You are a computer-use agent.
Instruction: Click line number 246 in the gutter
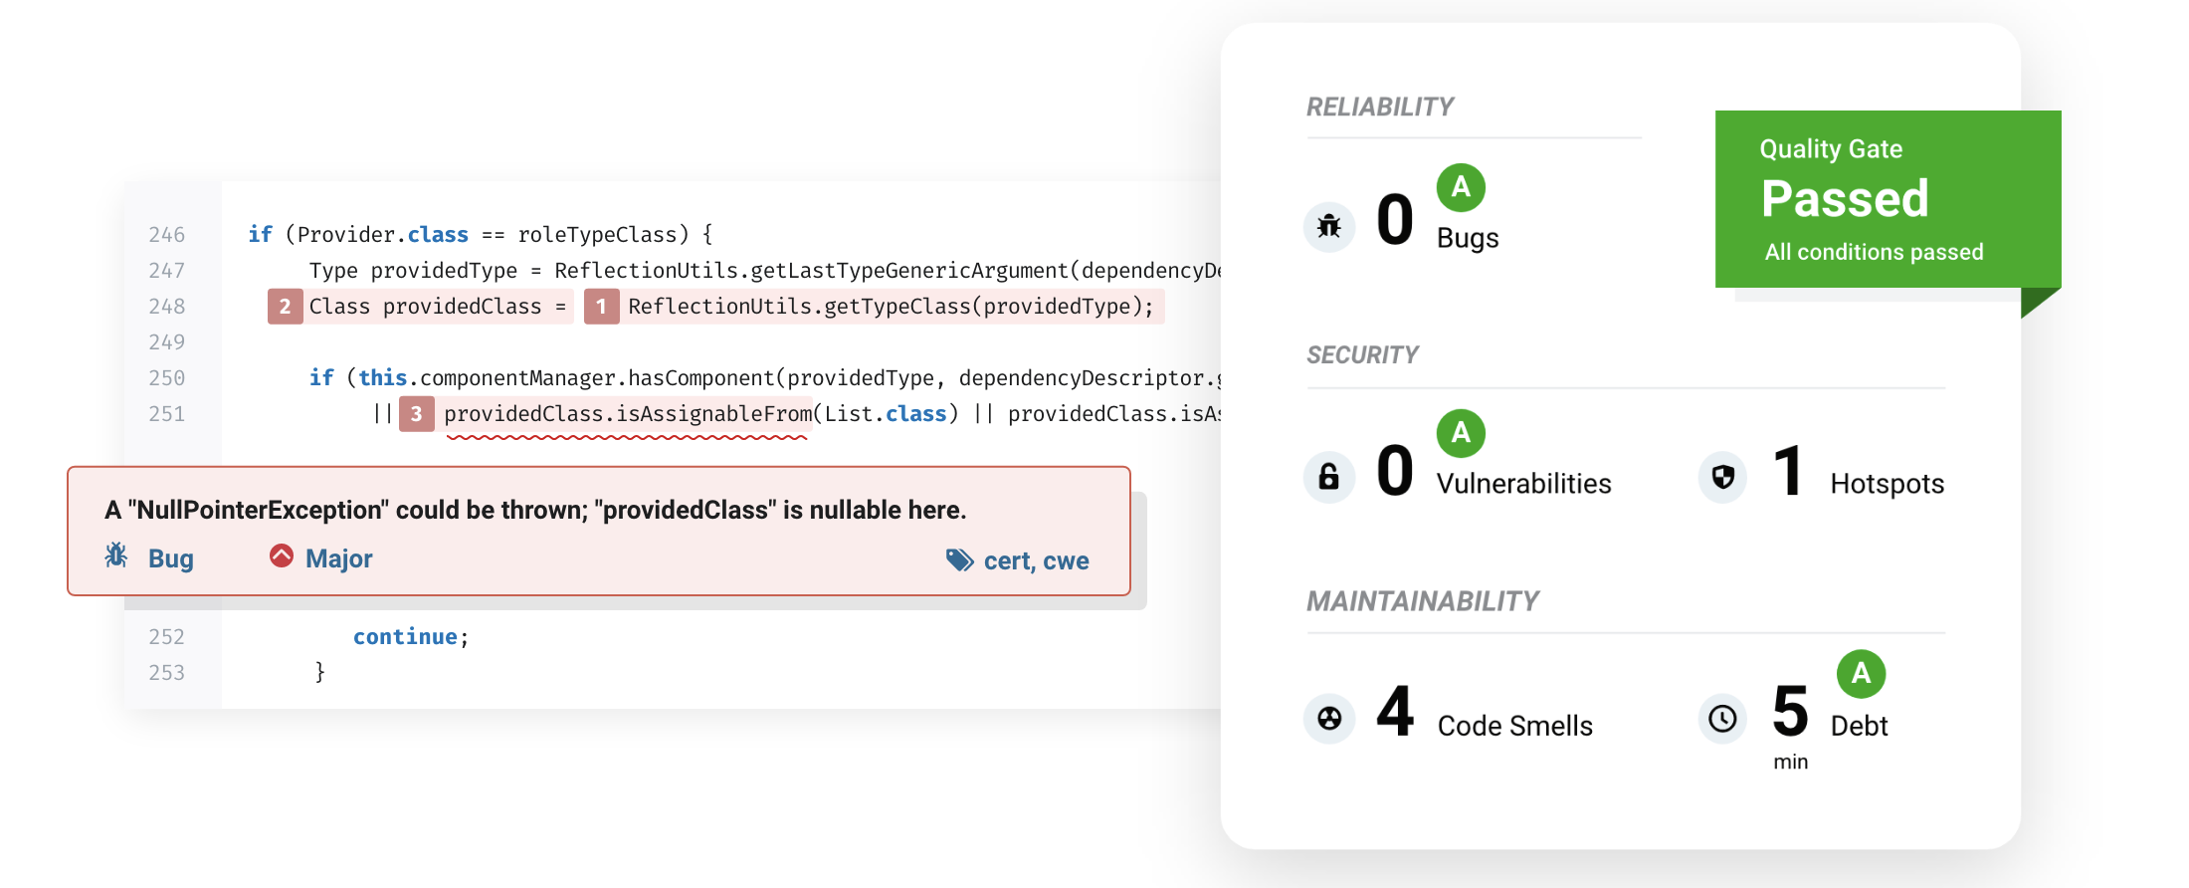(x=166, y=235)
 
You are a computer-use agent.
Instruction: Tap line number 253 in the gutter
(x=166, y=673)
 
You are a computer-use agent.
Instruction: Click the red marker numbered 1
(x=601, y=307)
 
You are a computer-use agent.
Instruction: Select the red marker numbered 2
(x=285, y=307)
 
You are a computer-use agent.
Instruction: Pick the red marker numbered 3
(x=416, y=414)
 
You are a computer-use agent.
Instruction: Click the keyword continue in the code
(x=405, y=637)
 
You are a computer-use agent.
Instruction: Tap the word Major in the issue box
(x=339, y=559)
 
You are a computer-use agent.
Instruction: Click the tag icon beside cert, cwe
(x=959, y=560)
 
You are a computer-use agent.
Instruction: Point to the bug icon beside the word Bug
(x=116, y=555)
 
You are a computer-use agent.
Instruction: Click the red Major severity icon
(x=282, y=555)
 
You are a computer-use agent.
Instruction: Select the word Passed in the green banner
(x=1845, y=198)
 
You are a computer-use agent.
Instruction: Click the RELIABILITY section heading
(x=1380, y=107)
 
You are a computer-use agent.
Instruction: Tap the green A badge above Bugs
(x=1461, y=187)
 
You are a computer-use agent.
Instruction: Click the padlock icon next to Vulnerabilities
(x=1329, y=477)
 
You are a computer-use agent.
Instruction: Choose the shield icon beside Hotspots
(x=1723, y=478)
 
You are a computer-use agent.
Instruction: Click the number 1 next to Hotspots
(x=1788, y=471)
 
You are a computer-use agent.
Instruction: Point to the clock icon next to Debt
(x=1723, y=719)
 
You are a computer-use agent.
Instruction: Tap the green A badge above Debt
(x=1861, y=674)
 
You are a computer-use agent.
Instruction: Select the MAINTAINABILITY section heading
(x=1423, y=601)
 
